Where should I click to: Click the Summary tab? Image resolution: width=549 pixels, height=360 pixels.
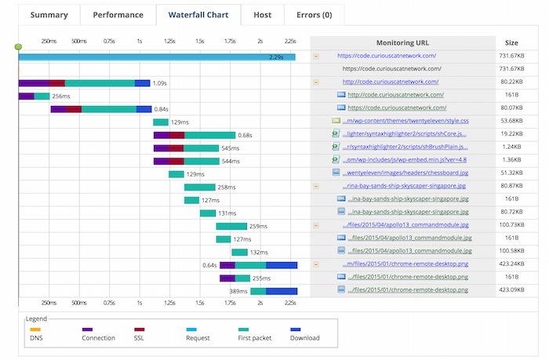point(48,15)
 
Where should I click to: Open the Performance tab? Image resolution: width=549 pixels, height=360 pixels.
point(118,15)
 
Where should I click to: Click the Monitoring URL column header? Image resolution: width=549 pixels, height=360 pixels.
point(403,42)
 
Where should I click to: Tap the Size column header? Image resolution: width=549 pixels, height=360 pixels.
point(511,42)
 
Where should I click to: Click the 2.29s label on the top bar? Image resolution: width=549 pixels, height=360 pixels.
point(276,56)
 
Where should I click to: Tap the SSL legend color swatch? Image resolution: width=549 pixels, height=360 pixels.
point(139,329)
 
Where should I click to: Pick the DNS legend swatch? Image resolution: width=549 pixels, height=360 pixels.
point(35,329)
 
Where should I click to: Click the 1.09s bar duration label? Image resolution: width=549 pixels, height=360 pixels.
point(160,83)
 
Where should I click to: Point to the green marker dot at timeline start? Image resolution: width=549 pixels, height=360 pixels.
point(18,47)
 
